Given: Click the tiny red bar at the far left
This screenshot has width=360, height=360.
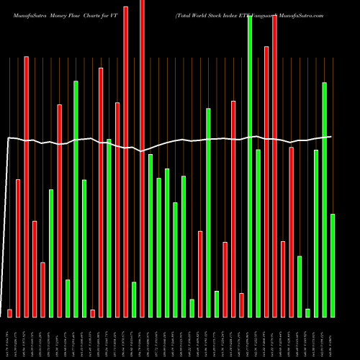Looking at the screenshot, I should (10, 312).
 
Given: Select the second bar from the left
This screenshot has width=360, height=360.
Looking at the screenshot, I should (18, 248).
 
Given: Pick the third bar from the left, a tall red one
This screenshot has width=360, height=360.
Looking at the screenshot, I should (27, 186).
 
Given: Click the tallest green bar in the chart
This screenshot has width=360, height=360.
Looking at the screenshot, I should (250, 166).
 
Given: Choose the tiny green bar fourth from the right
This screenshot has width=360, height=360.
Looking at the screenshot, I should (307, 312).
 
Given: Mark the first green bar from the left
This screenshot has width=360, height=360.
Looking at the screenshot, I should (51, 253).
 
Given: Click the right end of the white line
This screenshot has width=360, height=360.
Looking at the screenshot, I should (331, 136).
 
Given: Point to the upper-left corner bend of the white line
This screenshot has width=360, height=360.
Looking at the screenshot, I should (9, 138).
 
